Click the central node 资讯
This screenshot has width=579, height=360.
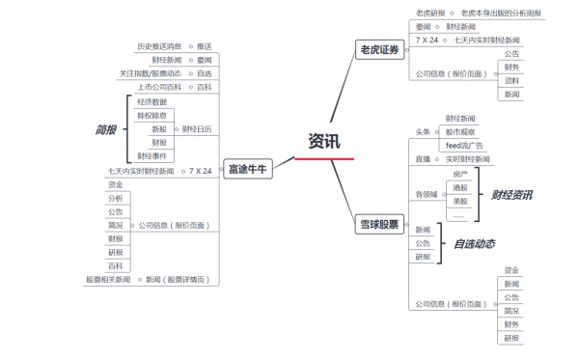tap(324, 141)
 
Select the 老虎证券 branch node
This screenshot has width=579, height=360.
tap(378, 50)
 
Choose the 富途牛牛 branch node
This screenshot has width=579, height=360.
tap(247, 169)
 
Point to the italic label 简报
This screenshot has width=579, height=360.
tap(105, 129)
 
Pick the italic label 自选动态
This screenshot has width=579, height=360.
tap(474, 244)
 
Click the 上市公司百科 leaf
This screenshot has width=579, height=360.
tap(158, 87)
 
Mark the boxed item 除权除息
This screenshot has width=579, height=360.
tap(152, 115)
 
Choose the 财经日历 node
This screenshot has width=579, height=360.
tap(197, 128)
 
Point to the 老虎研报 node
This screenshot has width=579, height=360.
tap(430, 14)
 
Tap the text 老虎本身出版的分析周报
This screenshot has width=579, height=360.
tap(501, 14)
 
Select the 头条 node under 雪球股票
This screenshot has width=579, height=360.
tap(422, 131)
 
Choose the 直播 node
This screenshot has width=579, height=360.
tap(422, 158)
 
